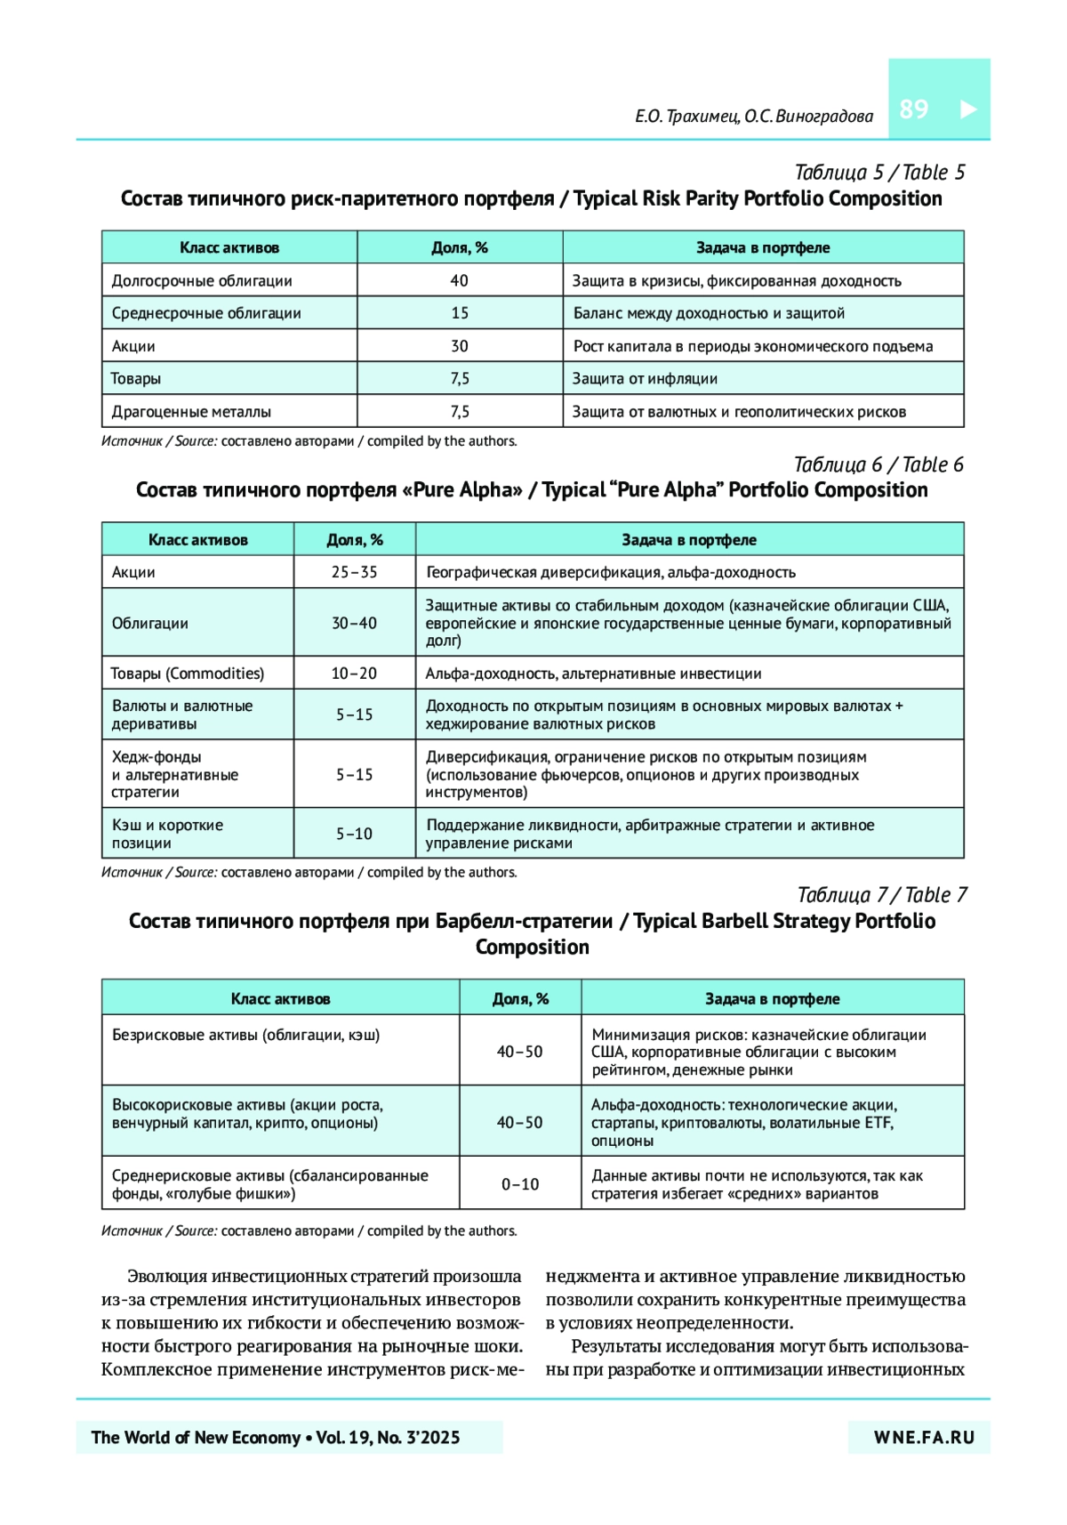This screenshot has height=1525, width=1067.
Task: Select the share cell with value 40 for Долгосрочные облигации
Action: coord(459,280)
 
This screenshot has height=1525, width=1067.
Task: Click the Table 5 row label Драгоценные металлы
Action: coord(191,412)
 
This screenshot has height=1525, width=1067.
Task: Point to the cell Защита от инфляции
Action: coord(645,379)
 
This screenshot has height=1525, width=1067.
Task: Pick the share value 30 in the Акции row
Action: coord(459,346)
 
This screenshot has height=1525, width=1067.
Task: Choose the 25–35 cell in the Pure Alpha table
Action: coord(354,572)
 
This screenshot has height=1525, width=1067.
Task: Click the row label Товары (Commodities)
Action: coord(188,674)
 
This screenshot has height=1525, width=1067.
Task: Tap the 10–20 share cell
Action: coord(354,674)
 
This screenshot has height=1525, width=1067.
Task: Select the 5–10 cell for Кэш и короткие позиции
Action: coord(354,834)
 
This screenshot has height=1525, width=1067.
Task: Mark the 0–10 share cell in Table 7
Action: coord(520,1184)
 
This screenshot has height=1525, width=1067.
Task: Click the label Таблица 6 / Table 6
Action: coord(878,464)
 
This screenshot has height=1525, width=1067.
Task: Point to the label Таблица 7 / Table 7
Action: coord(881,895)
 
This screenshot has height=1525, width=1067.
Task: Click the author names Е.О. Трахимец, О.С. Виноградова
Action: coord(753,117)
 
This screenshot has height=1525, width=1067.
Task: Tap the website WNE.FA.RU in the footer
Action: coord(924,1438)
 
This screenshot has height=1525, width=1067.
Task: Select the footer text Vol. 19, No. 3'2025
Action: coord(389,1438)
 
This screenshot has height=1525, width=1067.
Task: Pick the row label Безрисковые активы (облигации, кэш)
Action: coord(245,1035)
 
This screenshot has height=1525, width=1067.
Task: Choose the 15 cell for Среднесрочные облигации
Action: coord(459,313)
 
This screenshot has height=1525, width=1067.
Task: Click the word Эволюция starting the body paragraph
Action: coord(166,1277)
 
